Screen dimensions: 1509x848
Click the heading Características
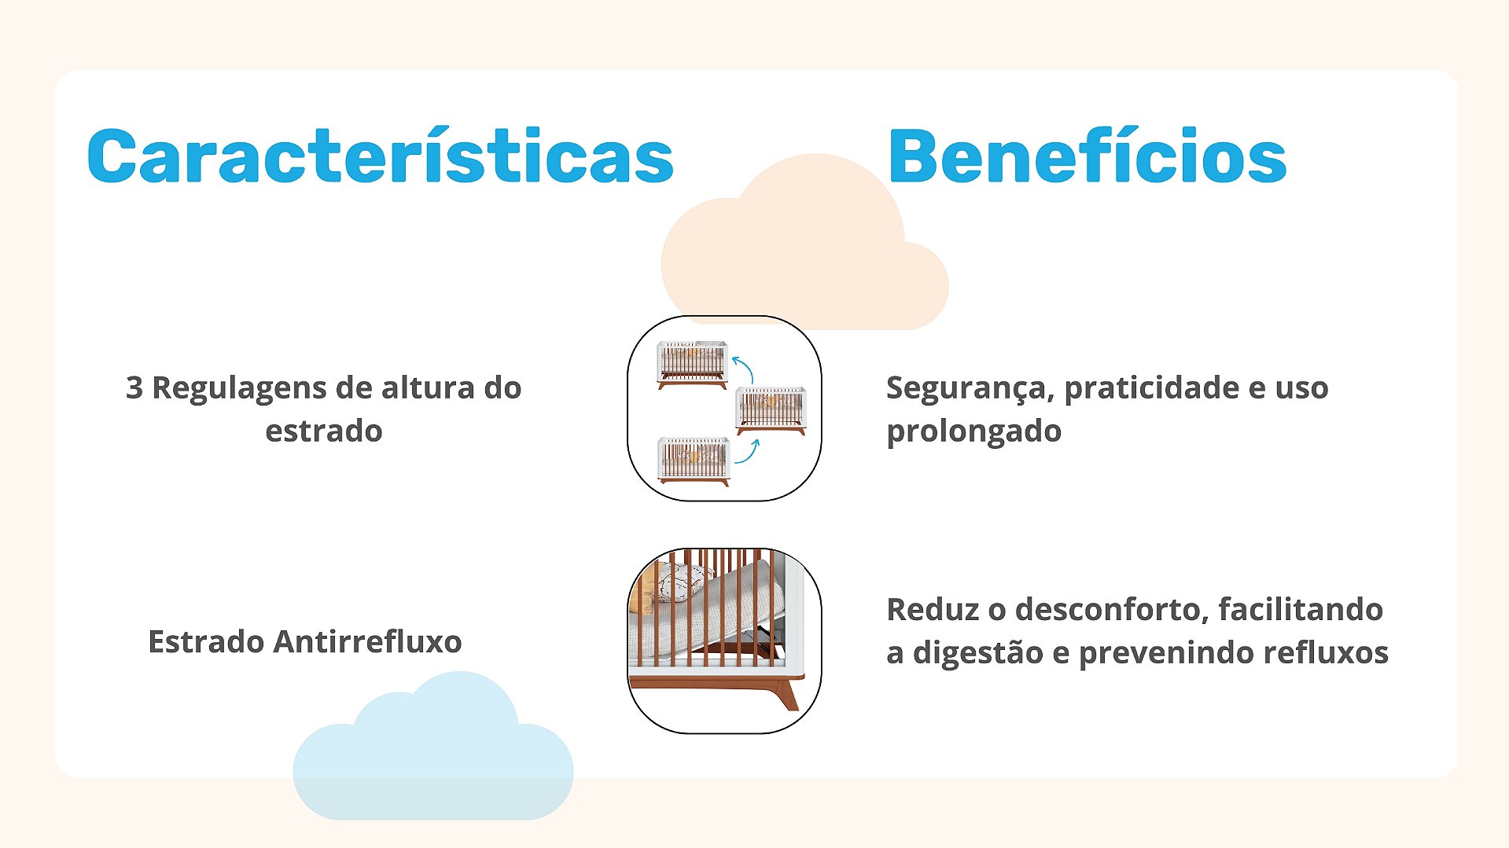pyautogui.click(x=381, y=156)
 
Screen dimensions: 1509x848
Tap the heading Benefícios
pyautogui.click(x=1087, y=156)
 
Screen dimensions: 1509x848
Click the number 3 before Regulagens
pyautogui.click(x=134, y=388)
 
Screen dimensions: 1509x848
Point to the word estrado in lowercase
pyautogui.click(x=324, y=431)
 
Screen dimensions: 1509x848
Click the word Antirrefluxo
pyautogui.click(x=367, y=641)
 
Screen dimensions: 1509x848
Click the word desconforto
pyautogui.click(x=1112, y=610)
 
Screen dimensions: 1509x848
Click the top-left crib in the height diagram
pyautogui.click(x=693, y=365)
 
